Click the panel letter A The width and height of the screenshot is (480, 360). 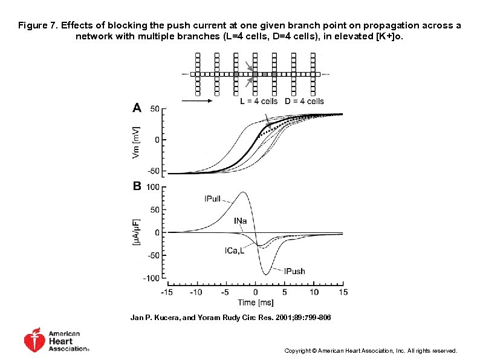point(137,108)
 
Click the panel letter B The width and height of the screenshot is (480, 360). point(137,187)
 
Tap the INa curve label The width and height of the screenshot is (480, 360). point(240,221)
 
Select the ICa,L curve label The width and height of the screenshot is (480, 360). point(235,250)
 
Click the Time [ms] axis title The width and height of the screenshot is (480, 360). point(255,302)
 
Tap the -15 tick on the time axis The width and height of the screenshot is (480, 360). point(167,292)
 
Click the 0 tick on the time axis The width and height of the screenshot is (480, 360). point(255,292)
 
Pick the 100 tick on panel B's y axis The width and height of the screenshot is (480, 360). point(153,188)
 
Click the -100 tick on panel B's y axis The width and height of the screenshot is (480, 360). point(152,278)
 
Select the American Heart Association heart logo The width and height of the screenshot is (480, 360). point(34,341)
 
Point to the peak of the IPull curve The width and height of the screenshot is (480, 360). point(242,192)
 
